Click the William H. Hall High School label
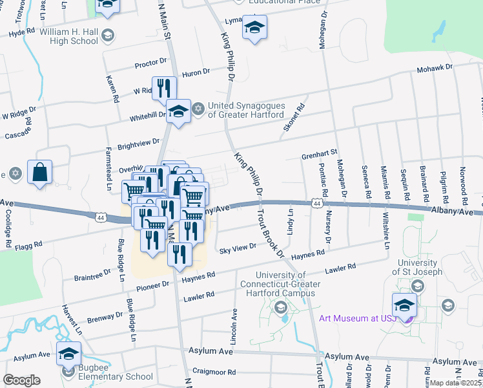click(68, 36)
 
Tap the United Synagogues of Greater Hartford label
click(247, 110)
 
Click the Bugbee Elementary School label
click(111, 376)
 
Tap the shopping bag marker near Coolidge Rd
click(39, 173)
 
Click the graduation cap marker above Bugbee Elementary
click(69, 354)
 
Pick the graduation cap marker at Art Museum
click(404, 305)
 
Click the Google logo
click(21, 380)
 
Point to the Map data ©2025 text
click(456, 383)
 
